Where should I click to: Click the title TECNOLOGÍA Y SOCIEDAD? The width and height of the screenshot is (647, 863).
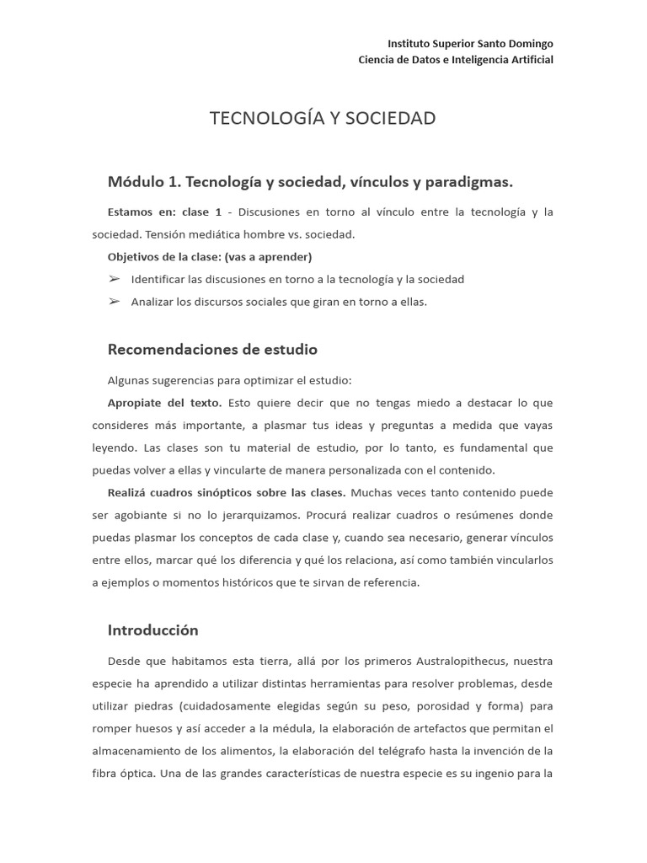click(323, 118)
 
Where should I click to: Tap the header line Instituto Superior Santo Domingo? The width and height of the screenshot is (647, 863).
click(470, 43)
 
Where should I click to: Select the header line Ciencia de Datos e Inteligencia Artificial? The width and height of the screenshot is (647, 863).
click(456, 60)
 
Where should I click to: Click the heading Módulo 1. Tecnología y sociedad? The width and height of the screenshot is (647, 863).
click(310, 181)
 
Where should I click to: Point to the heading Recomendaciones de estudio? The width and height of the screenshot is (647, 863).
click(212, 349)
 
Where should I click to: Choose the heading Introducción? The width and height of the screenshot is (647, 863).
click(152, 630)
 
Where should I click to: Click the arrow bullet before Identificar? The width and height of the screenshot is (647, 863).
click(114, 279)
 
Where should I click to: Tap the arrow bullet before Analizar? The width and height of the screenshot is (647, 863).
click(114, 302)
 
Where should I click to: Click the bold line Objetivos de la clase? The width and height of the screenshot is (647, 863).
click(210, 256)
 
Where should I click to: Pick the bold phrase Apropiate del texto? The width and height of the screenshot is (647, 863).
click(164, 402)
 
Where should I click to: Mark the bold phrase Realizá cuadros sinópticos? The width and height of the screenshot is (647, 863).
click(226, 492)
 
